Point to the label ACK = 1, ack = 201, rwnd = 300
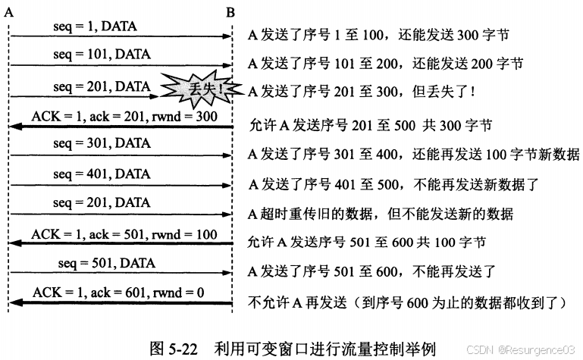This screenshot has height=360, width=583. (125, 117)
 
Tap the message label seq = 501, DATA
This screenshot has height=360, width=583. (106, 263)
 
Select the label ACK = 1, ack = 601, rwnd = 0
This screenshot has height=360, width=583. (121, 293)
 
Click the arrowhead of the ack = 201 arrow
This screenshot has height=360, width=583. (15, 127)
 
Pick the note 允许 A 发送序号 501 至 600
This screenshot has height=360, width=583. (367, 243)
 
